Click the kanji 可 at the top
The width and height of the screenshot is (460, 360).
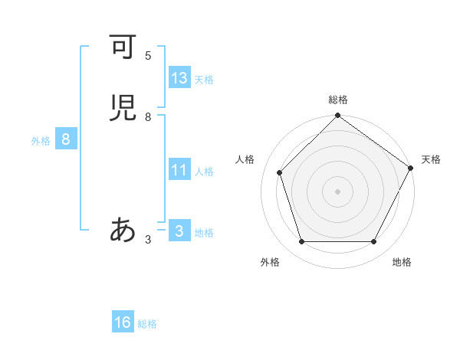(122, 47)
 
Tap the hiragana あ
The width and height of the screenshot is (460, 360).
(122, 230)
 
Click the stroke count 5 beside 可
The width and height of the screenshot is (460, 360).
(148, 55)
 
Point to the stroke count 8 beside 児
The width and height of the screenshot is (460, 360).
(148, 116)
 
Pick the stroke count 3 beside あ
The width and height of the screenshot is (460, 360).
(148, 240)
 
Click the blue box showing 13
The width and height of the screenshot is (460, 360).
(179, 78)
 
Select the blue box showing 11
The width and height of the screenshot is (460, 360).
(179, 170)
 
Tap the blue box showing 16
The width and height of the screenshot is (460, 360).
(123, 322)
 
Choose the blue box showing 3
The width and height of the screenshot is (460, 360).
(179, 231)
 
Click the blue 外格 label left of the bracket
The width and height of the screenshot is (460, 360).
(41, 140)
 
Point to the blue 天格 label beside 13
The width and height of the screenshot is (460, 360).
(204, 80)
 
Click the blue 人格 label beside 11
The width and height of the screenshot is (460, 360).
(204, 172)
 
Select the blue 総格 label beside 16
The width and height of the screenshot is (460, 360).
(147, 324)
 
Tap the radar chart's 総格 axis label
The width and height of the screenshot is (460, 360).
(337, 100)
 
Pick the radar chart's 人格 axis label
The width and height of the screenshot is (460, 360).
(245, 159)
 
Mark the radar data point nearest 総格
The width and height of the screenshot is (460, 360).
(337, 116)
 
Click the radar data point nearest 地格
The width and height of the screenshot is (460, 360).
(374, 242)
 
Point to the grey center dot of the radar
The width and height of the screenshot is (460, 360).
(337, 191)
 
